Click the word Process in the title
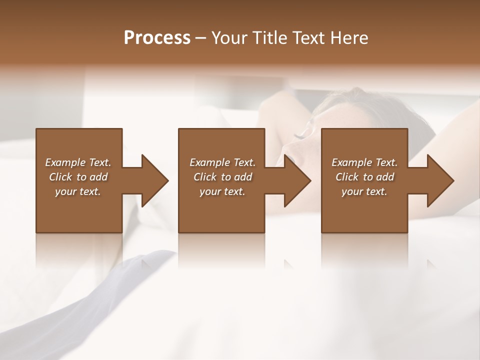[x=157, y=38]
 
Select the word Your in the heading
[x=228, y=38]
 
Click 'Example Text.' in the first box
[x=78, y=162]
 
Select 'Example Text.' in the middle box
[x=222, y=162]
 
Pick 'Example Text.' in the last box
[x=364, y=162]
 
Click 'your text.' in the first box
[x=78, y=191]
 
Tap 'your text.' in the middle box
[x=222, y=191]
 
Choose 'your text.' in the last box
[x=364, y=191]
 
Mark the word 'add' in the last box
[x=385, y=177]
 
